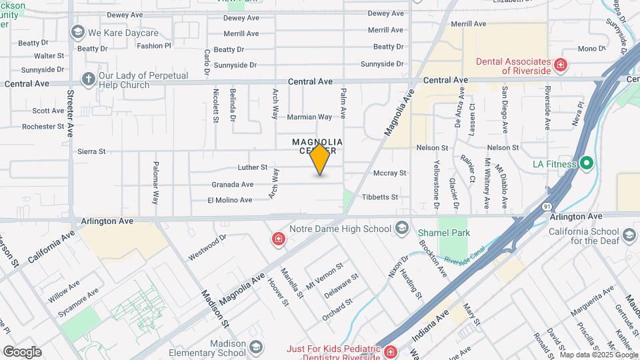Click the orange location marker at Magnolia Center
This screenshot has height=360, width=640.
[320, 159]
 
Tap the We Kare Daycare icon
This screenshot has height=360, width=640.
[78, 32]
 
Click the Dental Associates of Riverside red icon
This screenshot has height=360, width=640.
[561, 65]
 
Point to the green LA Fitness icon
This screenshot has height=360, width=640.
[586, 163]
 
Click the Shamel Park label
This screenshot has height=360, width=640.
[444, 233]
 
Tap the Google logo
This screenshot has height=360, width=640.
[22, 351]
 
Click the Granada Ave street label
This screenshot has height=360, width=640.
[233, 184]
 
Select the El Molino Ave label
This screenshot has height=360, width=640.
[230, 200]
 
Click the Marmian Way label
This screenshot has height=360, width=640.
[309, 117]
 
